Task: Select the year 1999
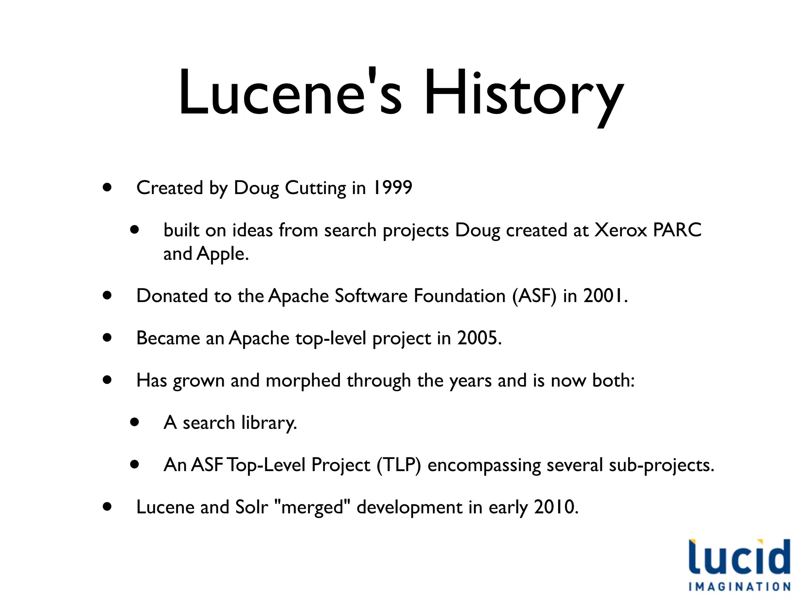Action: [392, 188]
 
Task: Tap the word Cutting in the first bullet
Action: [315, 189]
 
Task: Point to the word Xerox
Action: [621, 230]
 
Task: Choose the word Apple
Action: [222, 254]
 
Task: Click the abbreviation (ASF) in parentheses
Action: [534, 296]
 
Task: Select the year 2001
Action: [605, 296]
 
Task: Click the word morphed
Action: [303, 381]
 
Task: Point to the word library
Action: [269, 423]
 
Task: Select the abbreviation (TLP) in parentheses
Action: [399, 465]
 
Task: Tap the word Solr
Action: [252, 507]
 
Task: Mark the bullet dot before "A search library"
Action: [135, 422]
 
